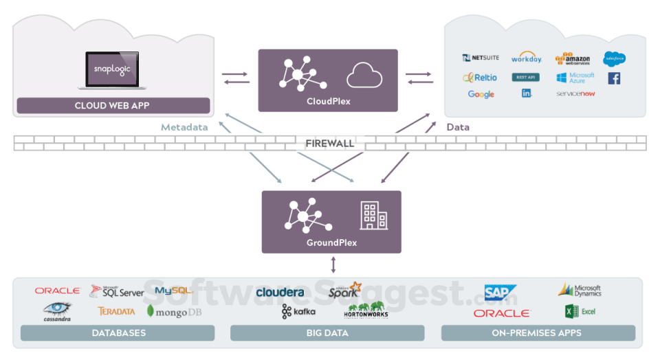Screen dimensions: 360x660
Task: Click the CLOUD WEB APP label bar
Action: pyautogui.click(x=113, y=106)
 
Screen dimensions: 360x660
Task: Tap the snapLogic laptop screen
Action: pyautogui.click(x=112, y=69)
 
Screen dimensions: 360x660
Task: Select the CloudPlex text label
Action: pyautogui.click(x=328, y=102)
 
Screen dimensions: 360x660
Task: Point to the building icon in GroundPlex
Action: pyautogui.click(x=373, y=216)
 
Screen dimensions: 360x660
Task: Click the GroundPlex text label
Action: pyautogui.click(x=331, y=243)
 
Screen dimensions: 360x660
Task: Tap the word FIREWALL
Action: pyautogui.click(x=330, y=144)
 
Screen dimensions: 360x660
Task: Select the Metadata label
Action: pyautogui.click(x=184, y=127)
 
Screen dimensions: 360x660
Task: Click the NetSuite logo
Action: pyautogui.click(x=481, y=58)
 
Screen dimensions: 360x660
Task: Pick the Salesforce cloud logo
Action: pyautogui.click(x=613, y=58)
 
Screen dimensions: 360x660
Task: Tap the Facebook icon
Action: pyautogui.click(x=614, y=78)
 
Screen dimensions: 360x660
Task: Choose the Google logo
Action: pyautogui.click(x=481, y=94)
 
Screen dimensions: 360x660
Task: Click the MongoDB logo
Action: pyautogui.click(x=175, y=311)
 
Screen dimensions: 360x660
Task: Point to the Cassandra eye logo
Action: pyautogui.click(x=58, y=310)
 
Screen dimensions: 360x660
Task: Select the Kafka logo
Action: pyautogui.click(x=298, y=312)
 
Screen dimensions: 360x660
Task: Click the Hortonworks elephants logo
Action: pyautogui.click(x=366, y=311)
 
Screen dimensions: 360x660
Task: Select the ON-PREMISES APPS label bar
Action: pyautogui.click(x=538, y=333)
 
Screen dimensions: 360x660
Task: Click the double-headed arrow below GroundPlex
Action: pyautogui.click(x=333, y=265)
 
